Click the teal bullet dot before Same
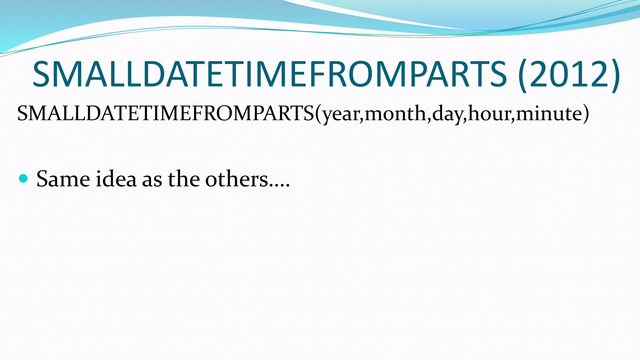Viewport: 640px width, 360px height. (23, 178)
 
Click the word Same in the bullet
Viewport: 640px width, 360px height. (63, 179)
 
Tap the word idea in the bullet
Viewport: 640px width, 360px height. (116, 179)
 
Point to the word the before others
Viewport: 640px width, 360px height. (184, 179)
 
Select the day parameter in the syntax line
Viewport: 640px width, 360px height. (447, 114)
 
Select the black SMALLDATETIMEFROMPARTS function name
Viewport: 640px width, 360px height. (166, 113)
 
